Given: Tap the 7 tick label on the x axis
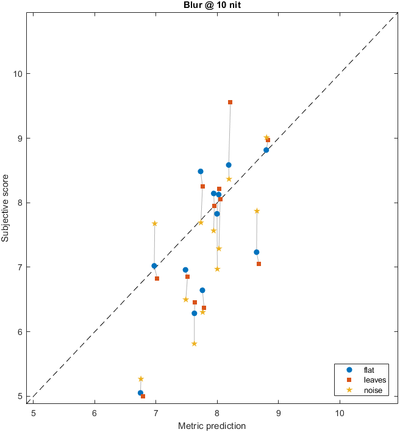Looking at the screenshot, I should tap(155, 412).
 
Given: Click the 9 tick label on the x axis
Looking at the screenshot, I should tap(278, 412).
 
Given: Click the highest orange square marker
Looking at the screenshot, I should tap(230, 103).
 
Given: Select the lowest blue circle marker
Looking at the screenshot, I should tap(140, 393).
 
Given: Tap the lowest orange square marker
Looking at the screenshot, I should tap(143, 397).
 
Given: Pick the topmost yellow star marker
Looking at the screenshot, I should tap(266, 137).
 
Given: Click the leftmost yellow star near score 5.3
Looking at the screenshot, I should tap(141, 379).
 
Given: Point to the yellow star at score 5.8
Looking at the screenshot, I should tap(194, 344).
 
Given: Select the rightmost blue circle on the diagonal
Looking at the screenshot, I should tap(266, 150).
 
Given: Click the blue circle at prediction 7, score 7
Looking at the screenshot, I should tap(154, 266).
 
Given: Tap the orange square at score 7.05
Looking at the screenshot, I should tap(259, 264).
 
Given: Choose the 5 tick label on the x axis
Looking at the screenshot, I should tap(34, 412).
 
